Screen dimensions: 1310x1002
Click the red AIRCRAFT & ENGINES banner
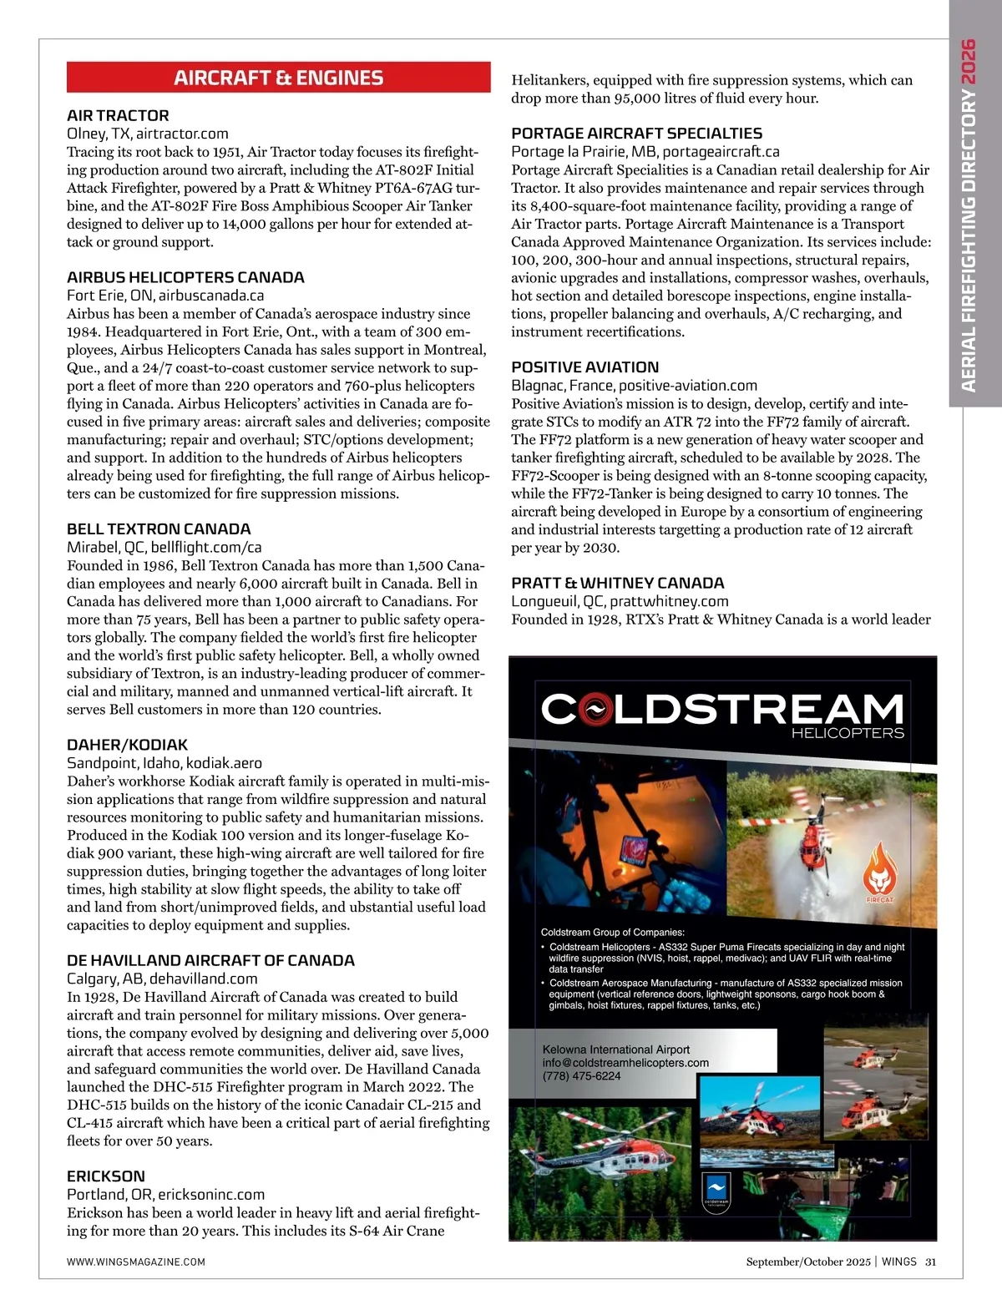pyautogui.click(x=278, y=78)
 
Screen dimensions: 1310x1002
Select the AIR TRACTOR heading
pyautogui.click(x=118, y=115)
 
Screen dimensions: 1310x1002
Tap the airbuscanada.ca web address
pyautogui.click(x=211, y=295)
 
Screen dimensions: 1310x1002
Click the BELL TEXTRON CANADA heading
pyautogui.click(x=159, y=529)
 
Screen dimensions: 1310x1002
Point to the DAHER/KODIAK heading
pyautogui.click(x=127, y=744)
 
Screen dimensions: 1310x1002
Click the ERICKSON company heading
pyautogui.click(x=106, y=1176)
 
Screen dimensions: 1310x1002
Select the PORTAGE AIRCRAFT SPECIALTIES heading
pyautogui.click(x=636, y=133)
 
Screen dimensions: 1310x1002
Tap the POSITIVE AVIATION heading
pyautogui.click(x=584, y=367)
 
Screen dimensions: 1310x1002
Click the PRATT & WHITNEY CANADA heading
pyautogui.click(x=617, y=582)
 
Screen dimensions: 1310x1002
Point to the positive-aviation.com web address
pyautogui.click(x=688, y=385)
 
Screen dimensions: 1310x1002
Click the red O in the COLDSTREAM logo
pyautogui.click(x=592, y=710)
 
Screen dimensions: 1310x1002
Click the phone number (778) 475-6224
pyautogui.click(x=582, y=1075)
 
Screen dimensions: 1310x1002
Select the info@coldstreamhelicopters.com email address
pyautogui.click(x=625, y=1062)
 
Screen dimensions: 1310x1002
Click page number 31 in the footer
pyautogui.click(x=930, y=1262)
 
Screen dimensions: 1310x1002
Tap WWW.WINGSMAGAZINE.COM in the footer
pyautogui.click(x=136, y=1262)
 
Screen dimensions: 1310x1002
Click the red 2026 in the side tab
pyautogui.click(x=968, y=60)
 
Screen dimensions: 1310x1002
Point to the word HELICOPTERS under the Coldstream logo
pyautogui.click(x=847, y=733)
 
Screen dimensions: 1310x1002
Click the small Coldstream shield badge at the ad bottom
pyautogui.click(x=717, y=1190)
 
